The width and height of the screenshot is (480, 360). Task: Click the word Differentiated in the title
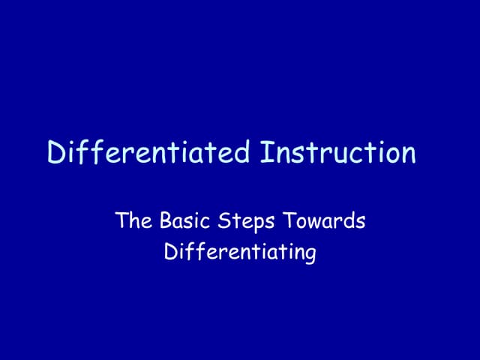click(x=148, y=153)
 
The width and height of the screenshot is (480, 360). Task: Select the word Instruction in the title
click(x=337, y=153)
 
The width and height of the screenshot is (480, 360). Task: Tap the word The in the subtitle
click(x=132, y=221)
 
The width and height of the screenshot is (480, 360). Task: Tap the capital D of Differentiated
click(x=56, y=153)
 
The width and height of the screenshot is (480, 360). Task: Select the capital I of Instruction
click(x=264, y=153)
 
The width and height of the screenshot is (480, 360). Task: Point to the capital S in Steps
click(x=223, y=221)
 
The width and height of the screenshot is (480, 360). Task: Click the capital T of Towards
click(x=288, y=221)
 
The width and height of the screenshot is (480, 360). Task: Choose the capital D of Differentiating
click(x=170, y=253)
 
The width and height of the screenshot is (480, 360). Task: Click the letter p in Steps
click(x=257, y=224)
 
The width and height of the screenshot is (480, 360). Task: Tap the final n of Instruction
click(x=407, y=155)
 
